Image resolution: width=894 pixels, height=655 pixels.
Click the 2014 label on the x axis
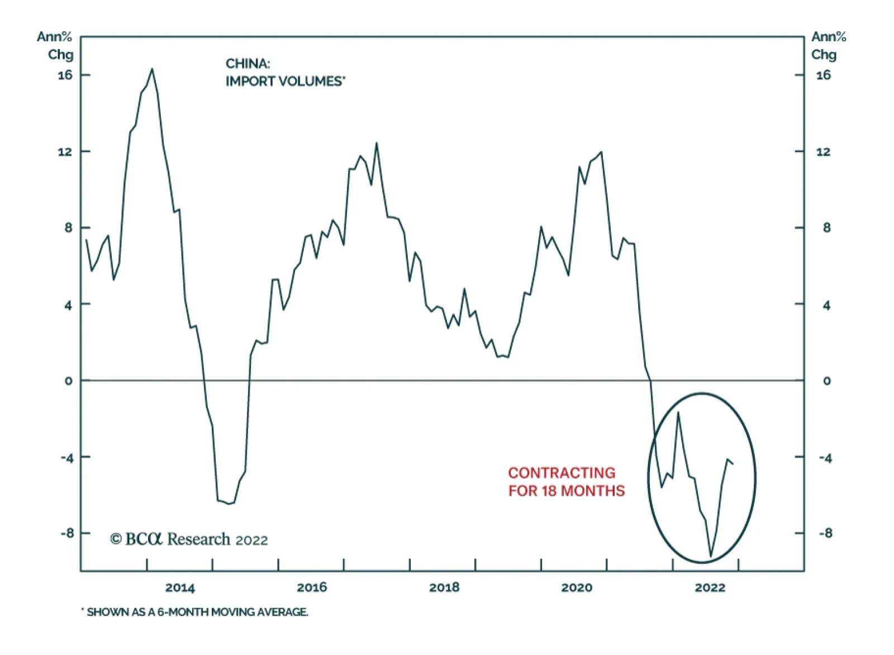[180, 587]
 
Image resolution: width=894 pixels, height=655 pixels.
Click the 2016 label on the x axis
[312, 587]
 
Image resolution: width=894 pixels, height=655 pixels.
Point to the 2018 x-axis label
[444, 587]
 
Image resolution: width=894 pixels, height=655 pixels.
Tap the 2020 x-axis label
[577, 587]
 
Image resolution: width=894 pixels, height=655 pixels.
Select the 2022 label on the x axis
[710, 587]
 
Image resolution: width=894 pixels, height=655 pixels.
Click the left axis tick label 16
[65, 75]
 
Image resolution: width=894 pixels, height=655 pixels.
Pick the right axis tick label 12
[823, 152]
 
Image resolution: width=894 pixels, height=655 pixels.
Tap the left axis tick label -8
[67, 533]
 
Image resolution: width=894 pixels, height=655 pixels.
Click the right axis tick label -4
[825, 458]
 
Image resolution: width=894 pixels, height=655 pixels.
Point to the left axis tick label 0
[69, 381]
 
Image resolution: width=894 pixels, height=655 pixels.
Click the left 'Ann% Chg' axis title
[55, 45]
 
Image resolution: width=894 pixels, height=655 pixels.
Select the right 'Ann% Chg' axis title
[828, 45]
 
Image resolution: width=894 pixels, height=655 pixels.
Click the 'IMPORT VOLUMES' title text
[285, 82]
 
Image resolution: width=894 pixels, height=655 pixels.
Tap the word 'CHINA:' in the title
[248, 64]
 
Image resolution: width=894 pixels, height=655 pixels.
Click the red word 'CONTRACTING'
[562, 473]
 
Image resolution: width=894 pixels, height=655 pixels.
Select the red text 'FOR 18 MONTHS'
[567, 491]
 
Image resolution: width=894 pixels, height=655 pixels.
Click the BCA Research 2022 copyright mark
[189, 539]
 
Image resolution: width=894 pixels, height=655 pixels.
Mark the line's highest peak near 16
[152, 69]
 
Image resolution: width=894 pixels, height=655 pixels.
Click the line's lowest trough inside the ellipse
[711, 556]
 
